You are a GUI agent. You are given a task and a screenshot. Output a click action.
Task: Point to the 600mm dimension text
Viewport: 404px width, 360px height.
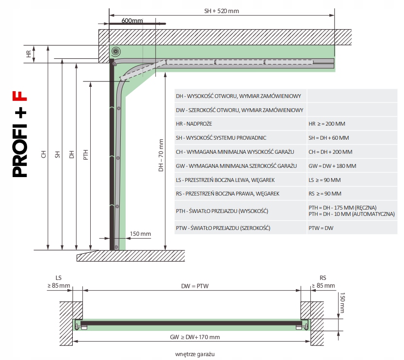click(x=132, y=20)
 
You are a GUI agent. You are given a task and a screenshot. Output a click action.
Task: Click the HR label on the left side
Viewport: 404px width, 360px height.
click(x=29, y=54)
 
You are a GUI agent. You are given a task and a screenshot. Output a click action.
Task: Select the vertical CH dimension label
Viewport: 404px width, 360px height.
click(x=43, y=155)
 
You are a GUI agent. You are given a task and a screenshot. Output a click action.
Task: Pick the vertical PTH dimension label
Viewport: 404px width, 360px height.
click(x=86, y=155)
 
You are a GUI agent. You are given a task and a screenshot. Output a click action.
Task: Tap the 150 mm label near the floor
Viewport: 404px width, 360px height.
click(x=141, y=234)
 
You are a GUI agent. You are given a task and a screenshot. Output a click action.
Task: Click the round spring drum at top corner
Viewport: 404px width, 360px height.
click(x=115, y=51)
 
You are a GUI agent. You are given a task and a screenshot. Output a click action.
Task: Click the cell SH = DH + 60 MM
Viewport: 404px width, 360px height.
click(x=329, y=138)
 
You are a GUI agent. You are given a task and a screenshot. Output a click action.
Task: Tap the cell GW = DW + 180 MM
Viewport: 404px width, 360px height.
click(x=332, y=166)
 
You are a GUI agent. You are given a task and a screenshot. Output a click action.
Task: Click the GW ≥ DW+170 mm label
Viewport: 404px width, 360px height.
click(x=192, y=337)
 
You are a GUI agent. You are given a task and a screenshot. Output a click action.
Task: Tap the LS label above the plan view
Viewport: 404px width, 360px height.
click(x=59, y=278)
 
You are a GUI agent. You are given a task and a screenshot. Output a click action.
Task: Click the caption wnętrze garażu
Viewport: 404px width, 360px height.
click(x=194, y=355)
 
